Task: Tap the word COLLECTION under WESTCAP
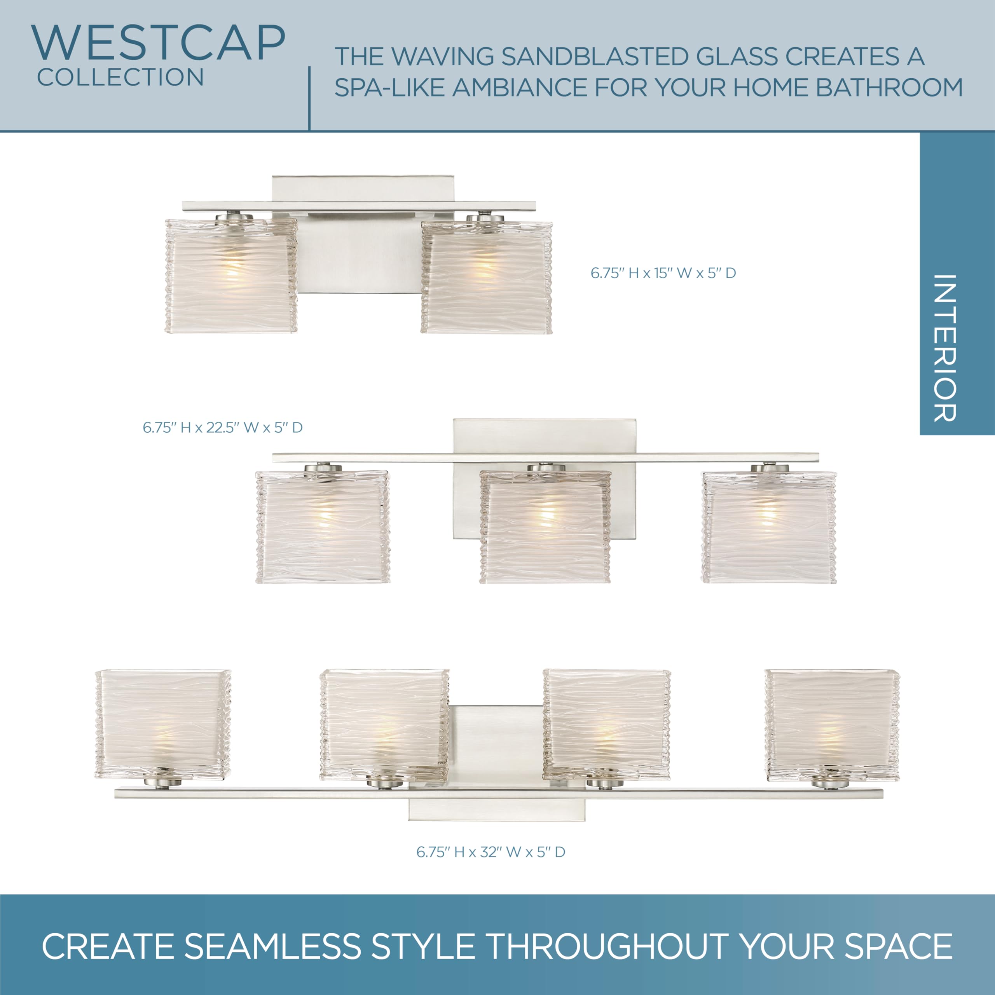click(120, 77)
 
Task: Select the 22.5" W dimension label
click(222, 428)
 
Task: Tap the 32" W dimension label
click(491, 852)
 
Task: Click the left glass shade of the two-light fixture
click(231, 276)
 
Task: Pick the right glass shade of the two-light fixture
click(487, 276)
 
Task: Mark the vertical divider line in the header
click(309, 98)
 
